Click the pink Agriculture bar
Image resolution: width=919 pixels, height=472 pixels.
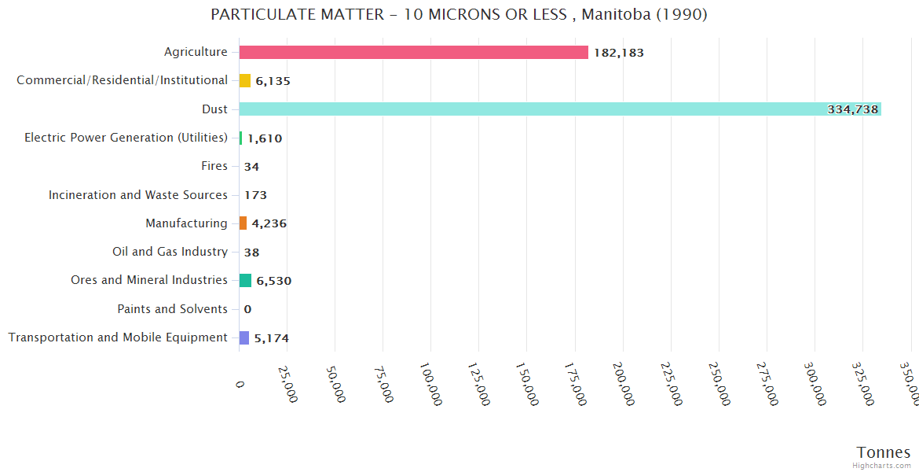[413, 52]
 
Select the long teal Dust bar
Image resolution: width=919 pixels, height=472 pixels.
[550, 109]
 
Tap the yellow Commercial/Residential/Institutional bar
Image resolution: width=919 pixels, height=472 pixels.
[245, 80]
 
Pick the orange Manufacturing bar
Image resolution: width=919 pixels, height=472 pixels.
[243, 223]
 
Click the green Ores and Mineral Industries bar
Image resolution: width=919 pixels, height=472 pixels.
[245, 281]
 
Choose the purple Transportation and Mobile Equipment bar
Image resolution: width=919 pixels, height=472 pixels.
[244, 337]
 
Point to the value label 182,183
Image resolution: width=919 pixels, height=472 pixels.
[619, 53]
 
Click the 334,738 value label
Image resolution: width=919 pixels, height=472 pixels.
[853, 109]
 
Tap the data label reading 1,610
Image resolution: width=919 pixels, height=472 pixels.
[265, 138]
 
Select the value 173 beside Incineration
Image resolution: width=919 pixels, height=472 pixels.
[255, 195]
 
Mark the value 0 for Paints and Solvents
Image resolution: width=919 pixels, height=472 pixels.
[247, 309]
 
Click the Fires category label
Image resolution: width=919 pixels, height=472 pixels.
[214, 166]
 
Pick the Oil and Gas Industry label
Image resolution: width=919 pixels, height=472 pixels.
[170, 252]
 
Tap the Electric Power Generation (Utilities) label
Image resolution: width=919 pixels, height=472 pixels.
[126, 138]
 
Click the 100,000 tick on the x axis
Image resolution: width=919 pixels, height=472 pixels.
[432, 384]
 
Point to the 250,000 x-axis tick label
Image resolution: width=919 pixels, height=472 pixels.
[719, 384]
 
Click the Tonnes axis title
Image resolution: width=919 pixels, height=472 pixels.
[884, 452]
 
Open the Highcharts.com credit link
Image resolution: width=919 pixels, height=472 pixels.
[882, 466]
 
